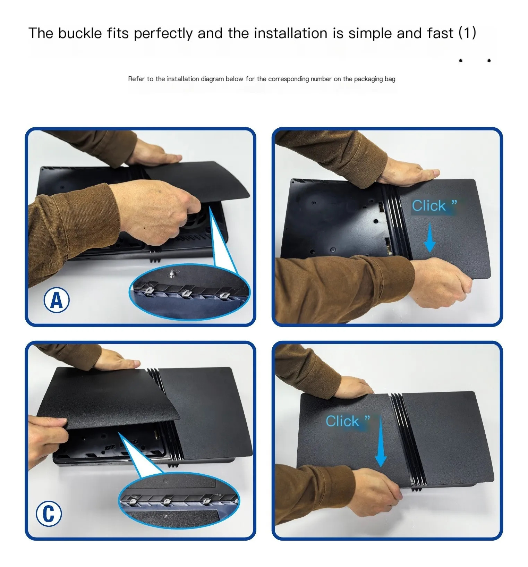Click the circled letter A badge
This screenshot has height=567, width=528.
pyautogui.click(x=57, y=300)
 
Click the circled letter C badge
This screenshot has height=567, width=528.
pyautogui.click(x=49, y=514)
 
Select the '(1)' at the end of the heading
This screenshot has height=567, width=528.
pyautogui.click(x=467, y=33)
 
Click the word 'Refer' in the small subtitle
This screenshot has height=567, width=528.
pyautogui.click(x=136, y=79)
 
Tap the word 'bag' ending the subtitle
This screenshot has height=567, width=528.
pyautogui.click(x=390, y=79)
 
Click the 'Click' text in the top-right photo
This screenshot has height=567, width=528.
pyautogui.click(x=429, y=206)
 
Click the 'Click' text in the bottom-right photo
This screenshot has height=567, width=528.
pyautogui.click(x=342, y=421)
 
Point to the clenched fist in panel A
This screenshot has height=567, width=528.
pyautogui.click(x=158, y=210)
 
